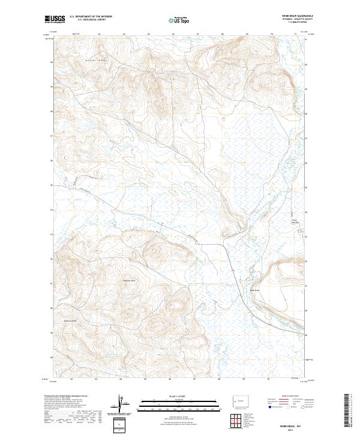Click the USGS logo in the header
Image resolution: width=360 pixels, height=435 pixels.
point(55,19)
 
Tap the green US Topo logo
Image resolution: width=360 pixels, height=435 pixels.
point(181,20)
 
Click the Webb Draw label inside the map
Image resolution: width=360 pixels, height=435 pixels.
point(255,290)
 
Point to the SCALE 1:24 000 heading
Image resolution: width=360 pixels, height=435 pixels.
point(174,396)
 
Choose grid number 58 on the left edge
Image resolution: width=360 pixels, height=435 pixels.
point(52,112)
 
